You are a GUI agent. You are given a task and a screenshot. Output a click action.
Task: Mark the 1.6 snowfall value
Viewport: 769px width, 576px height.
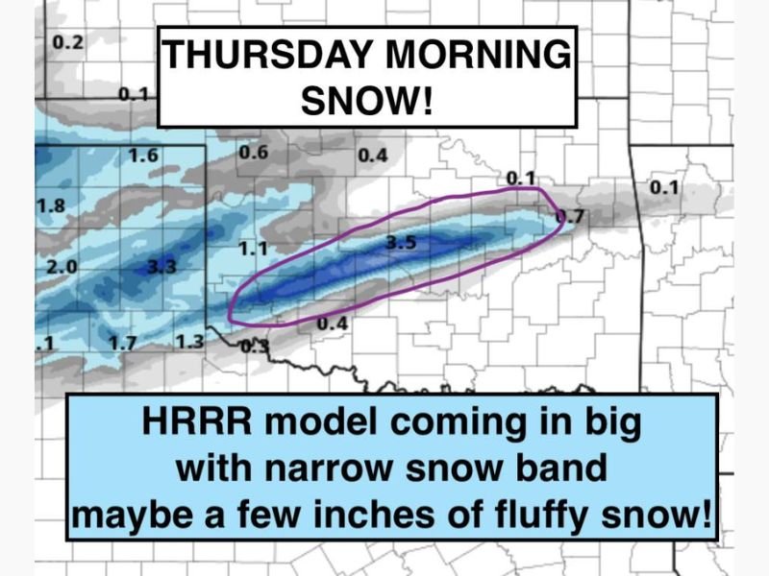pyautogui.click(x=142, y=156)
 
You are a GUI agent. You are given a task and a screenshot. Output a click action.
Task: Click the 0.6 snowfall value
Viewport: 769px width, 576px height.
pyautogui.click(x=253, y=153)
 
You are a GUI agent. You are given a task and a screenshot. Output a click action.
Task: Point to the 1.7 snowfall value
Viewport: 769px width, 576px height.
pyautogui.click(x=125, y=342)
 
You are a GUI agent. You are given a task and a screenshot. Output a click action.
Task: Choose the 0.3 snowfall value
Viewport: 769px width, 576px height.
pyautogui.click(x=255, y=347)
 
